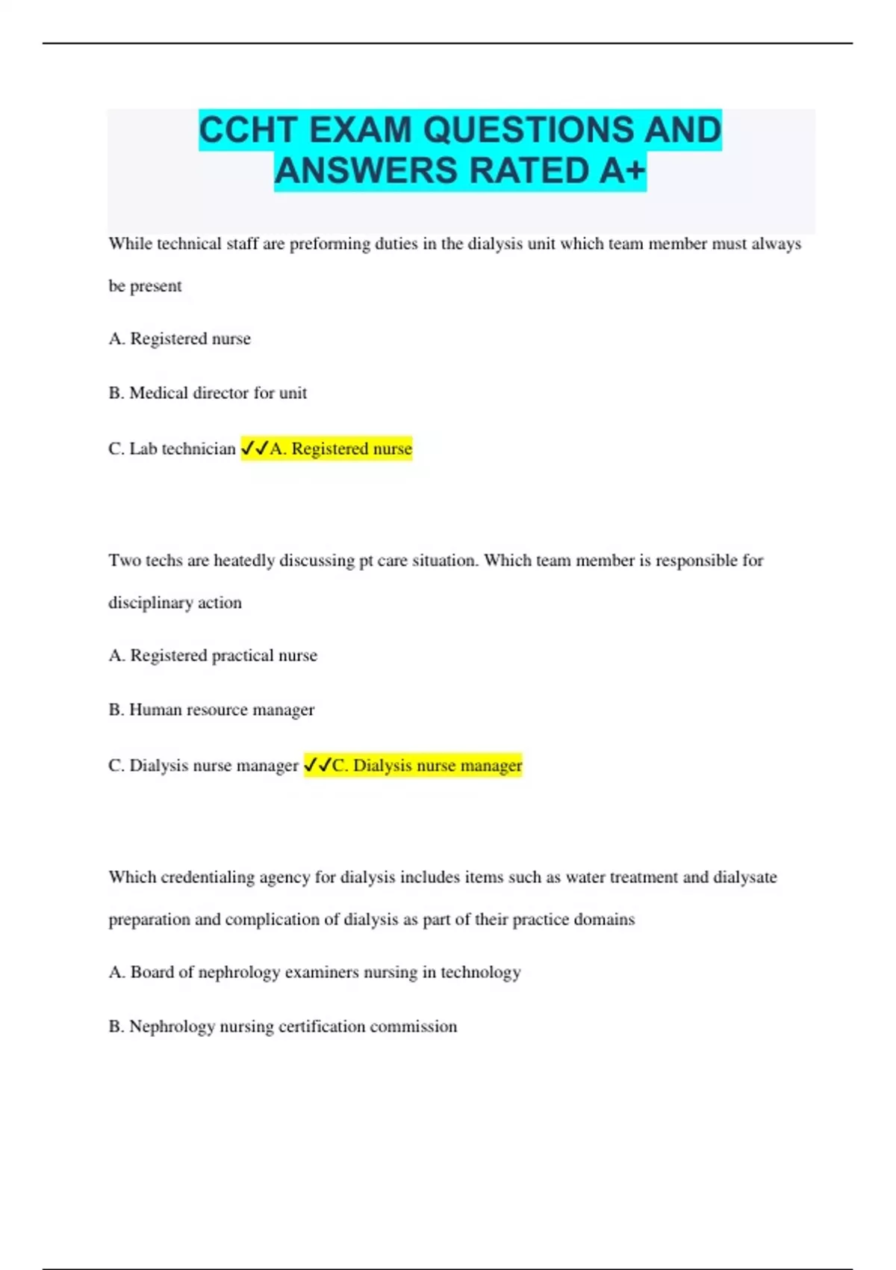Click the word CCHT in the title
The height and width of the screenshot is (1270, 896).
pos(249,130)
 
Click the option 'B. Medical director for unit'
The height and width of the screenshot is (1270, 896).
pos(208,393)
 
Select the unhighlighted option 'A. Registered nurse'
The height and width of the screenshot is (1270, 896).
pos(180,339)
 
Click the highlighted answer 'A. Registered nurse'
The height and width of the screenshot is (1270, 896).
pos(340,449)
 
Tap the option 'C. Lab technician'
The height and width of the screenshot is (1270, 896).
pos(172,449)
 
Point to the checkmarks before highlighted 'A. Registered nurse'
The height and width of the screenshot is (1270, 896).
pos(255,449)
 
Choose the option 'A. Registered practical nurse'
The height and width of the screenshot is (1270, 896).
pos(213,656)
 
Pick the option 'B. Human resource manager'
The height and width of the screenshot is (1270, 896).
pos(211,710)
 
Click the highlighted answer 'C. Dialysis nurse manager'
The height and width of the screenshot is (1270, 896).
pos(426,766)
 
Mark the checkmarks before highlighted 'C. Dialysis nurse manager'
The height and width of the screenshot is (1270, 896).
pos(317,766)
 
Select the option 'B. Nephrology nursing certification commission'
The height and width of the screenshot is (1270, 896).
pos(283,1026)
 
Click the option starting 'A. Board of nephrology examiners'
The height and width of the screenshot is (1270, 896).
pos(314,973)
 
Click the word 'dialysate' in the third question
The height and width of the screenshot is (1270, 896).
pos(744,878)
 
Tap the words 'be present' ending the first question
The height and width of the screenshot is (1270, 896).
pos(145,286)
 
